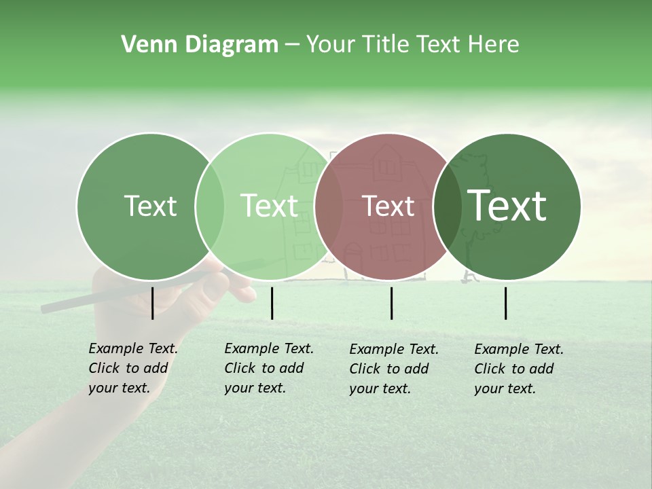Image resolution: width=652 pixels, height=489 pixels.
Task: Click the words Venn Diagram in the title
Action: [200, 45]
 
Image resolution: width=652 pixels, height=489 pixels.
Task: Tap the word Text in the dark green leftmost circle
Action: [150, 206]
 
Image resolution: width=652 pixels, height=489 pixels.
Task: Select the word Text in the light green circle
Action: [270, 206]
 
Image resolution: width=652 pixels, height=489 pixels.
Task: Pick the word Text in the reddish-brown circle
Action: [388, 206]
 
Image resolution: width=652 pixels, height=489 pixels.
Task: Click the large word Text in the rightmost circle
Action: [507, 206]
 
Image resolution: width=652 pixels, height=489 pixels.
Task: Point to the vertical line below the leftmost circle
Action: [152, 303]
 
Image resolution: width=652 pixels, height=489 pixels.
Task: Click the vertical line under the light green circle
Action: [272, 303]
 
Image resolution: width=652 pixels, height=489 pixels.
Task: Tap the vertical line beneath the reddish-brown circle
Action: [392, 303]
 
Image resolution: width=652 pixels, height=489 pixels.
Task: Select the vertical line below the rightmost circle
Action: [506, 303]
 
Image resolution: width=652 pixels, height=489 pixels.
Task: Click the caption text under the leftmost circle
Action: [132, 368]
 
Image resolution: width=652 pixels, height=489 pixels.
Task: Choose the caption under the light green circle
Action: [268, 368]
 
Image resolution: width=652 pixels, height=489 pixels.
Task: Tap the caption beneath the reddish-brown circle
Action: [393, 369]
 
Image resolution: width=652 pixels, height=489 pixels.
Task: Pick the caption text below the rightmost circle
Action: [518, 369]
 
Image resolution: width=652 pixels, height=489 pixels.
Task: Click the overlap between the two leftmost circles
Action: [210, 206]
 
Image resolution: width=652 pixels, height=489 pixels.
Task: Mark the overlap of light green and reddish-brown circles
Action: [329, 206]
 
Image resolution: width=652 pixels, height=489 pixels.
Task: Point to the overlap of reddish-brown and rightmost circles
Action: [446, 206]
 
